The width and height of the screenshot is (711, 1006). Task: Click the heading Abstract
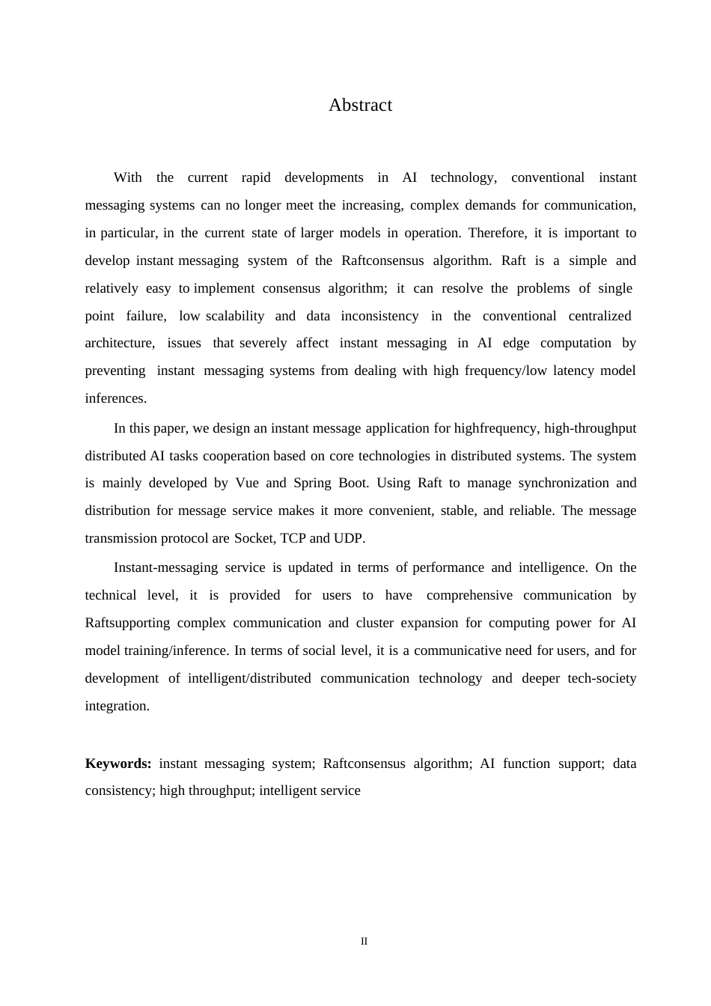point(360,106)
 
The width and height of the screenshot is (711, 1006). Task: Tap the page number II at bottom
point(364,942)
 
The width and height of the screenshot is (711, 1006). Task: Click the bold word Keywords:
point(118,763)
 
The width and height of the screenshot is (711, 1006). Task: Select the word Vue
point(247,483)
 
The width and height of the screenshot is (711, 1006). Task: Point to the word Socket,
point(255,538)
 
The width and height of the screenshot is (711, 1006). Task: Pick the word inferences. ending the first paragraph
point(116,398)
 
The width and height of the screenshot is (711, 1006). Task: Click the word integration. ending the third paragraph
point(118,706)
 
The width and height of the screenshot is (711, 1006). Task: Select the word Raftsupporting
point(127,623)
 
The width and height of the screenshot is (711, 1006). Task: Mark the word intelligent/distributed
point(249,678)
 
